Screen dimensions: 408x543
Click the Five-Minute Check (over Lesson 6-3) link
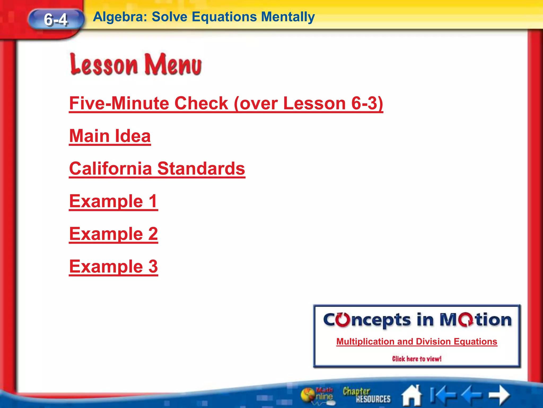coord(226,103)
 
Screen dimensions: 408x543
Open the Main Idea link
coord(110,136)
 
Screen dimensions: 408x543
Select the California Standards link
coord(157,169)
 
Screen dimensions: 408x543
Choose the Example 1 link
coord(113,201)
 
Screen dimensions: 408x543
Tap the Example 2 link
coord(113,234)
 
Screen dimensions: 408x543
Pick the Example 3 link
coord(113,267)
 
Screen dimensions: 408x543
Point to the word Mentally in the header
coord(288,17)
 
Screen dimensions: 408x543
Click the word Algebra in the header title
coord(120,17)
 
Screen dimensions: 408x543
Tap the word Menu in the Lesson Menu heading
coord(173,65)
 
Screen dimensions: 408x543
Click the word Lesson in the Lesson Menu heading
coord(104,65)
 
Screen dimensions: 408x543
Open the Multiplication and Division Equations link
coord(417,342)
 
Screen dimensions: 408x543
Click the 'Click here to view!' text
coord(417,359)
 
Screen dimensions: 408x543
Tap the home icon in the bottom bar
coord(412,395)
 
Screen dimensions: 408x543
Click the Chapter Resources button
coord(366,395)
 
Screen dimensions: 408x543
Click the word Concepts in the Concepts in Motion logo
coord(367,320)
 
